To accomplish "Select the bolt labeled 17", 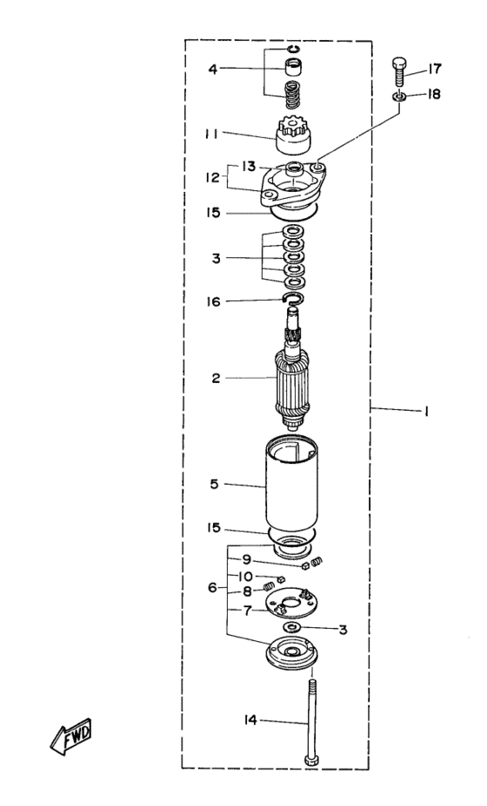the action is click(x=399, y=73).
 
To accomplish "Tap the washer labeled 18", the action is click(x=399, y=96).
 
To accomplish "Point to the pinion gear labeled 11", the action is click(x=293, y=136).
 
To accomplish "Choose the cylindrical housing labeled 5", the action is click(x=292, y=486).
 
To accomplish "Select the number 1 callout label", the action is click(x=426, y=411).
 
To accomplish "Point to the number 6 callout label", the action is click(x=212, y=587).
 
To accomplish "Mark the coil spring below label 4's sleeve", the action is click(x=293, y=96).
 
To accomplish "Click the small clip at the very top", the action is click(x=293, y=49).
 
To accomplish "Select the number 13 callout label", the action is click(x=249, y=167).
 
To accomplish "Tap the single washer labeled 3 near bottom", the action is click(x=293, y=628).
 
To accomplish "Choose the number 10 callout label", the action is click(x=245, y=576).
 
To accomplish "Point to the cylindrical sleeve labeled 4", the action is click(x=293, y=68).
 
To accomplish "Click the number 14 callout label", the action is click(x=250, y=720).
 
